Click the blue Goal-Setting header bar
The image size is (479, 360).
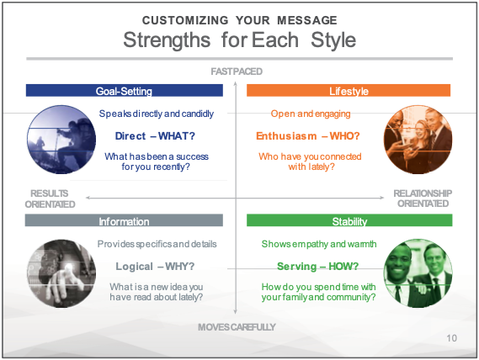pyautogui.click(x=125, y=90)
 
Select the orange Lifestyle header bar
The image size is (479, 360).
pyautogui.click(x=349, y=90)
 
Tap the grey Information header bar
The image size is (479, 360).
pyautogui.click(x=124, y=220)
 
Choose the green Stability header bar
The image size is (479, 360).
pyautogui.click(x=349, y=220)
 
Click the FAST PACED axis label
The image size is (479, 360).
pyautogui.click(x=237, y=71)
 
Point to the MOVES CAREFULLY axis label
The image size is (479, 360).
pyautogui.click(x=237, y=327)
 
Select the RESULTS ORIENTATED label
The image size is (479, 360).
pyautogui.click(x=50, y=199)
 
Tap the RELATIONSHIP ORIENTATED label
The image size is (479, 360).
pyautogui.click(x=423, y=199)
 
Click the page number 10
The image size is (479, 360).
pyautogui.click(x=451, y=338)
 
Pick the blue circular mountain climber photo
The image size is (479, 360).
pyautogui.click(x=61, y=140)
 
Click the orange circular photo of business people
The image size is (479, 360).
pyautogui.click(x=418, y=140)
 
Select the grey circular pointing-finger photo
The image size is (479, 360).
pyautogui.click(x=61, y=273)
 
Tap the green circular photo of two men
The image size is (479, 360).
pyautogui.click(x=418, y=273)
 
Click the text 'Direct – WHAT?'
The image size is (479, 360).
pyautogui.click(x=155, y=136)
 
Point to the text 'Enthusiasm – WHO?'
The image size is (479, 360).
pyautogui.click(x=308, y=136)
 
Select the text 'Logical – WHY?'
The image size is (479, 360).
pyautogui.click(x=155, y=267)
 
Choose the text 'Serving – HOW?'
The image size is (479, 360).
pyautogui.click(x=317, y=267)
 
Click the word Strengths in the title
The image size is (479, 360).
pyautogui.click(x=167, y=40)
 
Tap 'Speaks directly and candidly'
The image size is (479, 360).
pyautogui.click(x=157, y=114)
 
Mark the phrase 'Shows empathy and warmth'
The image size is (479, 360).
pyautogui.click(x=319, y=244)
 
